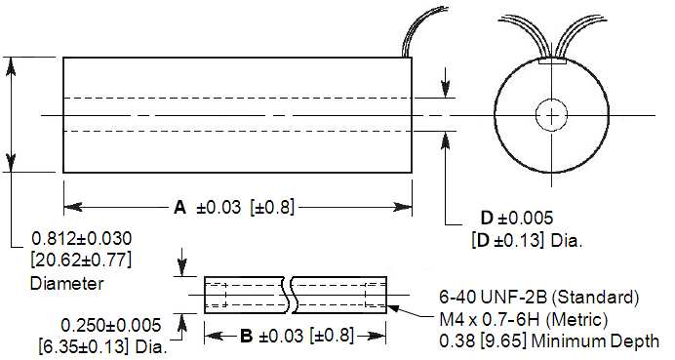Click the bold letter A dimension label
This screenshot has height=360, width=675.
click(x=179, y=208)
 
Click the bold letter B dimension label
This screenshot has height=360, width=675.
click(x=246, y=336)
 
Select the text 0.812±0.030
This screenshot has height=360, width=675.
click(x=82, y=239)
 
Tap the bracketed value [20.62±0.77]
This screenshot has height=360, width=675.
click(x=81, y=260)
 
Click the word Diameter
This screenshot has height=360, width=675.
click(x=67, y=283)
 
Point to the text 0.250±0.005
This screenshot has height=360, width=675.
click(x=111, y=326)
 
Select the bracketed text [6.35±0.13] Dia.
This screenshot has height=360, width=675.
click(x=102, y=346)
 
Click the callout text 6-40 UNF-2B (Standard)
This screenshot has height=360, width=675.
click(x=539, y=298)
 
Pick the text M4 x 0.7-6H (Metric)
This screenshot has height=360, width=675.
click(x=524, y=320)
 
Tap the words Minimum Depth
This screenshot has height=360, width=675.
click(x=595, y=341)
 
